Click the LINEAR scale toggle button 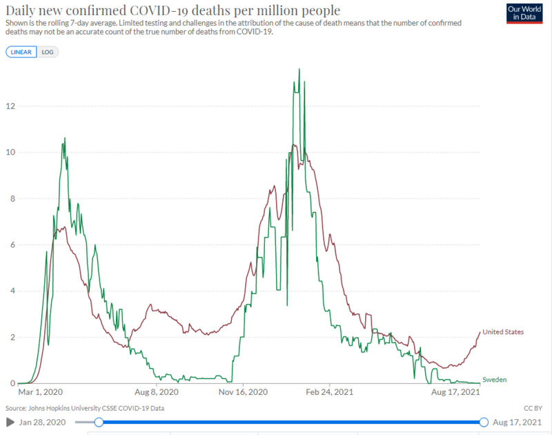[20, 52]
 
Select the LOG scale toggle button [46, 52]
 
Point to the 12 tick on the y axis [9, 106]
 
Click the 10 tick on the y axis [9, 153]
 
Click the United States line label [503, 332]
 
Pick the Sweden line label [494, 380]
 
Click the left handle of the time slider [99, 422]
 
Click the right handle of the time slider [484, 422]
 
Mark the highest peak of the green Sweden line [299, 69]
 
